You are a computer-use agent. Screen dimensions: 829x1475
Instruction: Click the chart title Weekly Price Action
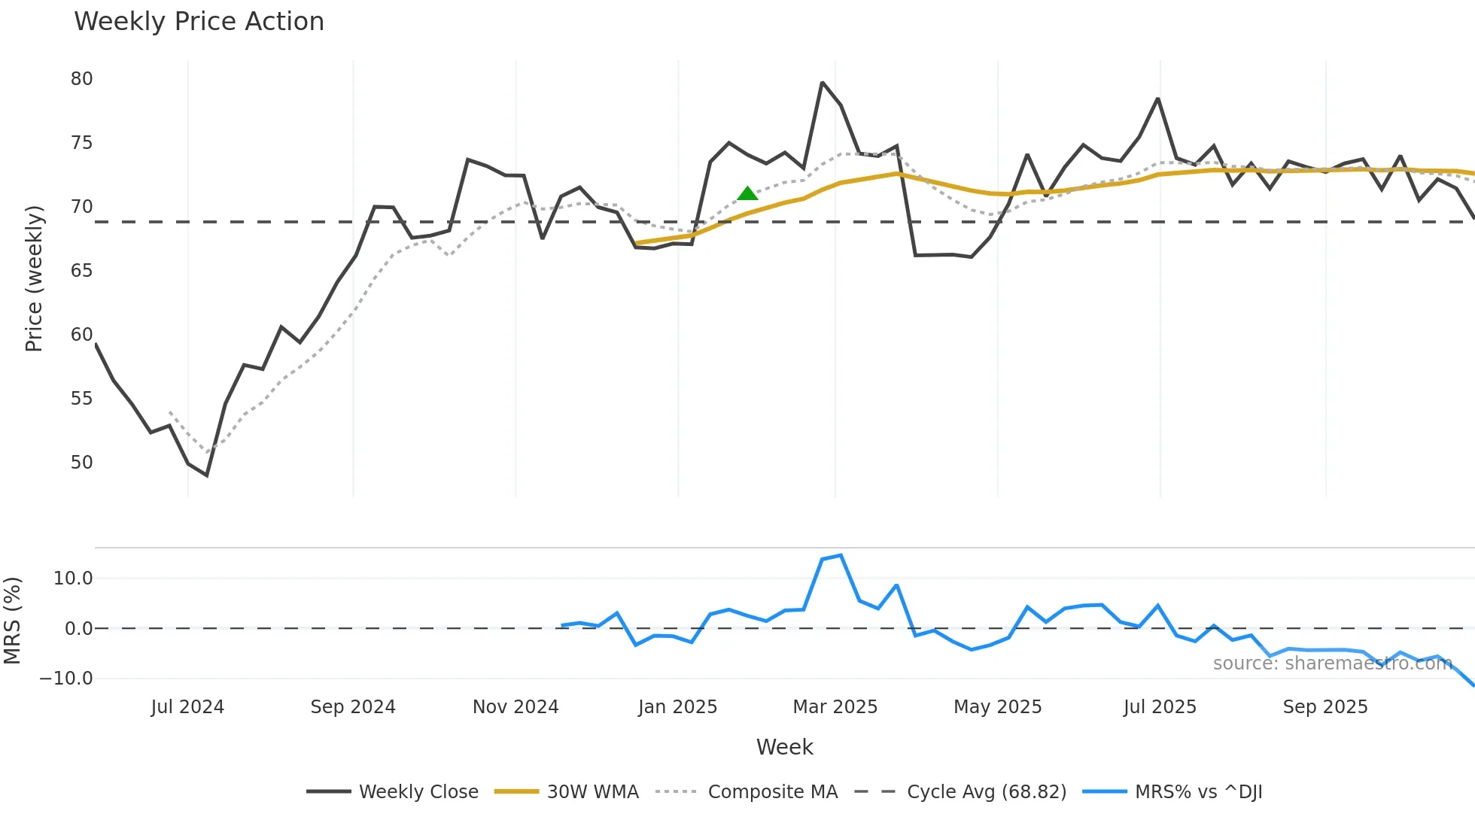pyautogui.click(x=199, y=22)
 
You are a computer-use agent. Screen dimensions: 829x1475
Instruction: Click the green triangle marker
pyautogui.click(x=747, y=194)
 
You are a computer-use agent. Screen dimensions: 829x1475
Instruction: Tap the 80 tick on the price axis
pyautogui.click(x=81, y=79)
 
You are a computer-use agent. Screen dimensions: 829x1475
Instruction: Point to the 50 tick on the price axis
pyautogui.click(x=81, y=463)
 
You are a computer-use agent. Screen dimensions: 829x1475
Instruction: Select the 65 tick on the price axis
pyautogui.click(x=81, y=271)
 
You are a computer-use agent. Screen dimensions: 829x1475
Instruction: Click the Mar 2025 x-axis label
pyautogui.click(x=835, y=707)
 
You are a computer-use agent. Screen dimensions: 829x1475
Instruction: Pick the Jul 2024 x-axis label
pyautogui.click(x=187, y=707)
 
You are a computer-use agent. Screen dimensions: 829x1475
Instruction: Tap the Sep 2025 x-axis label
pyautogui.click(x=1324, y=707)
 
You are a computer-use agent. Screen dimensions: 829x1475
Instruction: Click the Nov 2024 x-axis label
pyautogui.click(x=515, y=707)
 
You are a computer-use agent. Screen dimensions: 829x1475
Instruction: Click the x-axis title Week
pyautogui.click(x=784, y=747)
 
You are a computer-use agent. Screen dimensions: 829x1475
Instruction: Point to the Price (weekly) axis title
pyautogui.click(x=34, y=278)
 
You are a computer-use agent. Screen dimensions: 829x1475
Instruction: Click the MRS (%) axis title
pyautogui.click(x=12, y=621)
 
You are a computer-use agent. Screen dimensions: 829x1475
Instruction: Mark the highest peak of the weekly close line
pyautogui.click(x=823, y=83)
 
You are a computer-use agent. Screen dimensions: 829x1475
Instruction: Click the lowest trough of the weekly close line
pyautogui.click(x=207, y=475)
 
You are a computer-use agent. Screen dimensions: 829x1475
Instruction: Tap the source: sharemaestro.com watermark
pyautogui.click(x=1332, y=664)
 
